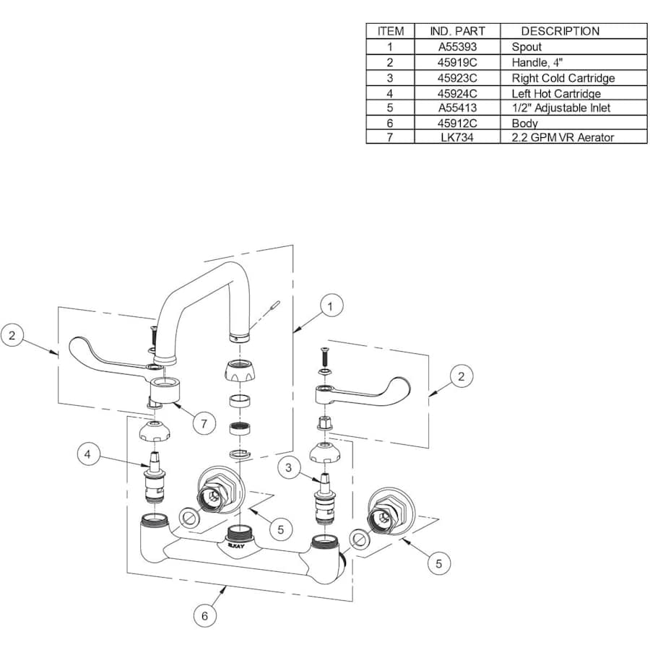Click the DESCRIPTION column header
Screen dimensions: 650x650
[x=560, y=31]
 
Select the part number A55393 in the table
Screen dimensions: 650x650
[x=457, y=47]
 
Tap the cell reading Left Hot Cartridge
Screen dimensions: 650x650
[x=556, y=93]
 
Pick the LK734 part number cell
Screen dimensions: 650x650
[x=457, y=137]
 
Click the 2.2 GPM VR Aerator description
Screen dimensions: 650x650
[x=563, y=137]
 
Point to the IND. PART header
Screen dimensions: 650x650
[x=457, y=31]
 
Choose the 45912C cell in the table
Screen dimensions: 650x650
[x=457, y=123]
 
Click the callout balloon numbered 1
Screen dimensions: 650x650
[x=330, y=306]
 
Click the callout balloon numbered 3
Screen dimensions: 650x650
[x=288, y=468]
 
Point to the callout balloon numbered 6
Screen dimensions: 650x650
[x=204, y=616]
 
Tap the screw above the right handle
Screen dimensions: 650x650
[x=324, y=356]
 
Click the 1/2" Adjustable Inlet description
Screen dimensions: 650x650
[x=560, y=108]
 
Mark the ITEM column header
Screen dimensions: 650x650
[x=390, y=31]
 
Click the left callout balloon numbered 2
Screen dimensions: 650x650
[x=12, y=336]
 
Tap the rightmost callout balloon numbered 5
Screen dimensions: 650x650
[x=438, y=563]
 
